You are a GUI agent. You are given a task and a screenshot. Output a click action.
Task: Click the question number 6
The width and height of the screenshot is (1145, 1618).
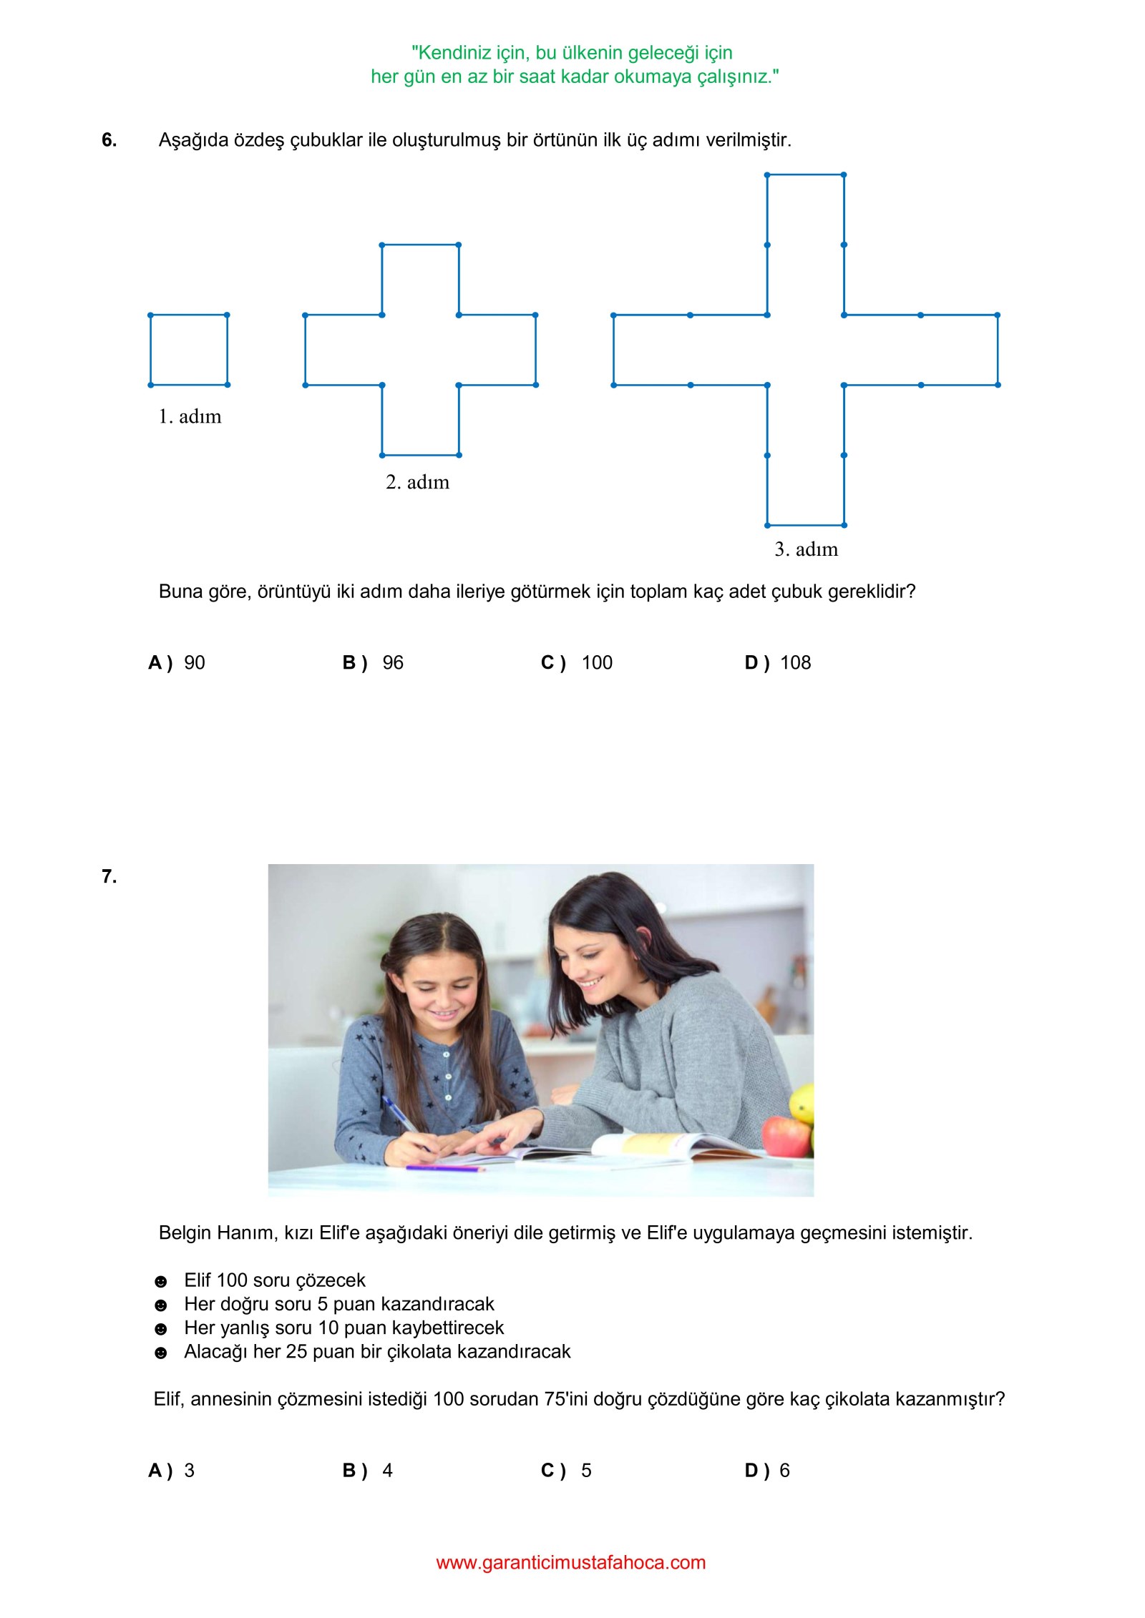(x=109, y=140)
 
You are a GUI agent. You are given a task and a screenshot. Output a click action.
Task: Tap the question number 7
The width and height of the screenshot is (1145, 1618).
(x=109, y=877)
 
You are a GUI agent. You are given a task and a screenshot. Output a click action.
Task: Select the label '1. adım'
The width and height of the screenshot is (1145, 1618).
(x=190, y=416)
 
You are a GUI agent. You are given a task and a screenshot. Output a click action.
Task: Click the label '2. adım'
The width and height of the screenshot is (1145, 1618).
(x=417, y=482)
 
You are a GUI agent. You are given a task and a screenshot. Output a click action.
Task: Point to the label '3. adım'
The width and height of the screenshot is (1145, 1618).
(x=806, y=549)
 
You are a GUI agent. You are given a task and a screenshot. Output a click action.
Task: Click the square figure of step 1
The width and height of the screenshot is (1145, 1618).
(x=189, y=350)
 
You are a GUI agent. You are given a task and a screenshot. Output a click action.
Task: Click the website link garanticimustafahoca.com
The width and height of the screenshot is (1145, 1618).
(x=571, y=1563)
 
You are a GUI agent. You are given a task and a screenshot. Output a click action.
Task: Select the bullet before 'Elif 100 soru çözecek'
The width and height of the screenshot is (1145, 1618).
(x=161, y=1281)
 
